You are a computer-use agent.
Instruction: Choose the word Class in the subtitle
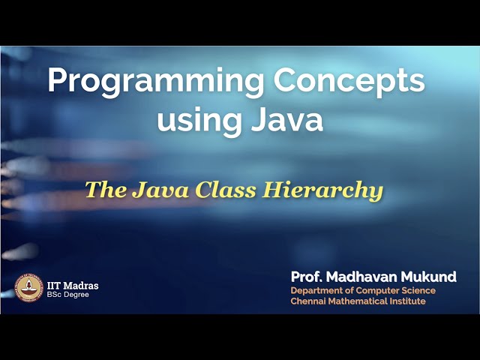pos(226,190)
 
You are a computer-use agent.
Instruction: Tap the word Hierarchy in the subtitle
pos(322,190)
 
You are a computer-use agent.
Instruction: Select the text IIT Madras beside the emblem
pos(73,285)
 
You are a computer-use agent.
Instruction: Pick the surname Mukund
pos(430,277)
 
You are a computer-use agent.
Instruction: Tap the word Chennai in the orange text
pos(308,301)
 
